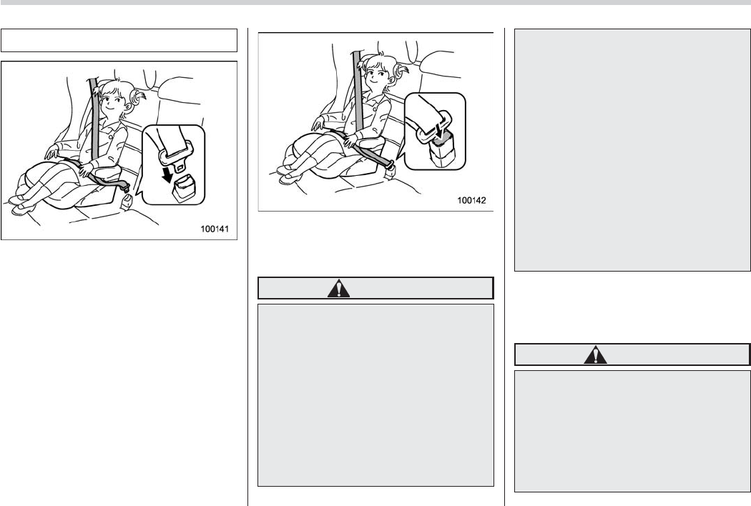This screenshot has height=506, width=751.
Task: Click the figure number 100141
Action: click(214, 229)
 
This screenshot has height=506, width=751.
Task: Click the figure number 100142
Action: click(471, 200)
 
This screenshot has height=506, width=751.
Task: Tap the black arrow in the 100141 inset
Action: click(167, 174)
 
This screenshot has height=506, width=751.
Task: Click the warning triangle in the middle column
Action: click(338, 288)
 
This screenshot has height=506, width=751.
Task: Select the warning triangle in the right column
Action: click(595, 354)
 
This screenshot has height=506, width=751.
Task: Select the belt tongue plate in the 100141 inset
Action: click(176, 154)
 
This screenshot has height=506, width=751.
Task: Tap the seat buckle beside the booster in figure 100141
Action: click(127, 202)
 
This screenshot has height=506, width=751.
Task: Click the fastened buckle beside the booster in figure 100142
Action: click(390, 170)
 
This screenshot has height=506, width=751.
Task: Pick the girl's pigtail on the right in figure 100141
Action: click(137, 97)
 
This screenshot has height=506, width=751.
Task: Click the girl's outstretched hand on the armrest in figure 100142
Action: click(317, 125)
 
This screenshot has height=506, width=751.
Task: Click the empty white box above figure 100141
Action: click(119, 40)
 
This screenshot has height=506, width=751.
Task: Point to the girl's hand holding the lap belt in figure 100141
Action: click(87, 169)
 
